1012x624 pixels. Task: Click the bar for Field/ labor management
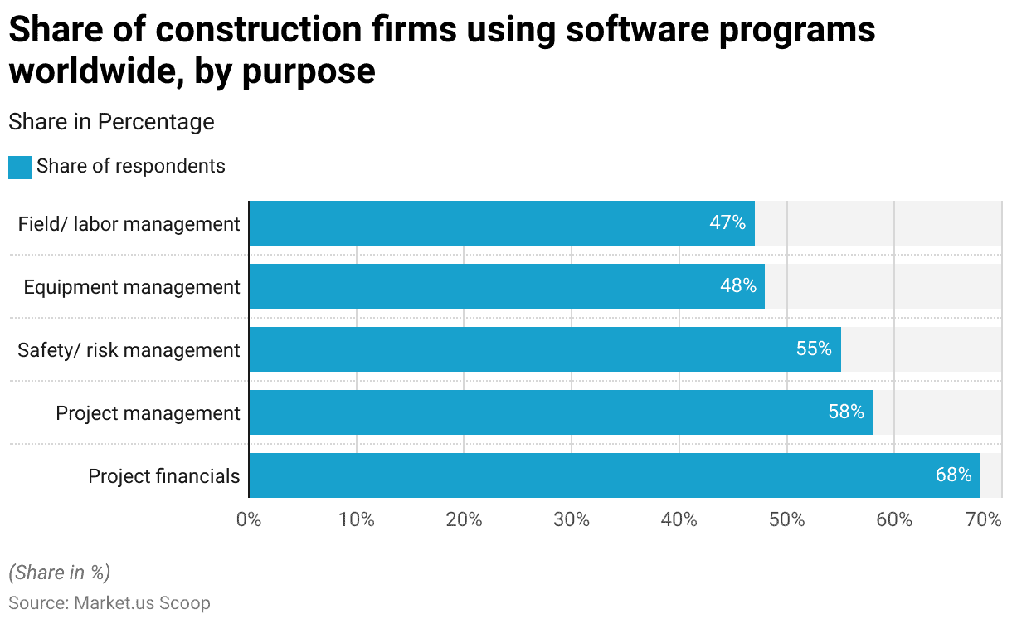(501, 223)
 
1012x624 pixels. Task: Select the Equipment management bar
(506, 286)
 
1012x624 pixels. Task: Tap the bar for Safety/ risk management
(544, 349)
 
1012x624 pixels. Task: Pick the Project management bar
(560, 412)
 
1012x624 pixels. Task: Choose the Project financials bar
(614, 475)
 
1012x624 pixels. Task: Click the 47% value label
(727, 223)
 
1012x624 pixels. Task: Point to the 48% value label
(738, 286)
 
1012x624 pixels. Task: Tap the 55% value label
(814, 349)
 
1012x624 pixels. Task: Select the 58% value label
(846, 412)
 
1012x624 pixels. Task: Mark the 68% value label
(953, 475)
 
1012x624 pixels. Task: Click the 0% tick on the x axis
(249, 520)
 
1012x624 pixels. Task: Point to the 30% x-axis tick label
(572, 520)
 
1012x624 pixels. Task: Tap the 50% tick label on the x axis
(786, 520)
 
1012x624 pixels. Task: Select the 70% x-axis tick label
(985, 520)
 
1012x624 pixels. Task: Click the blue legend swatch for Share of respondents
(20, 167)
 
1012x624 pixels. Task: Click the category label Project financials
(164, 476)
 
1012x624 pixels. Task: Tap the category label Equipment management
(132, 287)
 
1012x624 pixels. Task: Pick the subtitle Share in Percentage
(111, 122)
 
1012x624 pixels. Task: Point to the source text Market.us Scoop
(142, 603)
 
